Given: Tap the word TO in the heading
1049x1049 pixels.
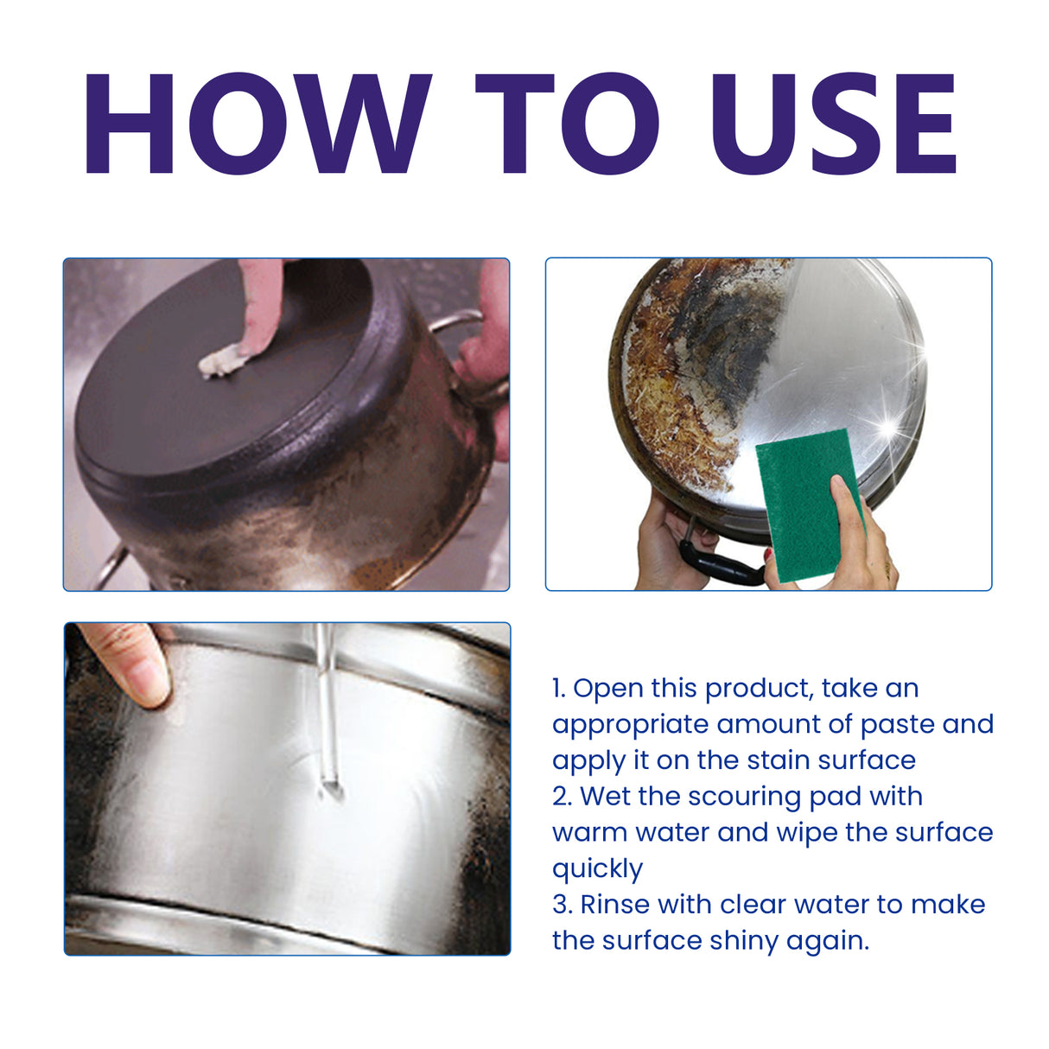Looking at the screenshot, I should (x=566, y=123).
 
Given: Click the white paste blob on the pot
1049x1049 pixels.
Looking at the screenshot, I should (x=220, y=361).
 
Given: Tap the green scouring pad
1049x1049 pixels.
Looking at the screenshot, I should (x=799, y=510).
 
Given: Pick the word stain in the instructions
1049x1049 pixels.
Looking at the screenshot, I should (x=779, y=760).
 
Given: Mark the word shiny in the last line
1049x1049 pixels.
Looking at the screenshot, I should (x=744, y=941).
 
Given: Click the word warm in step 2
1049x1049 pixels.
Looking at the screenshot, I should (x=589, y=833).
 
